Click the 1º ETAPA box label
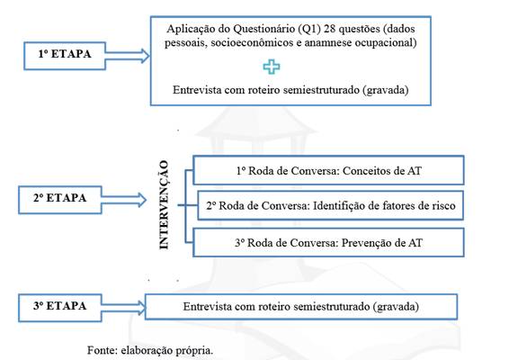(x=65, y=54)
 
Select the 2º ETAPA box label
(x=59, y=198)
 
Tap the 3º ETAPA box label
(x=59, y=306)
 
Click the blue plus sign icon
(x=272, y=67)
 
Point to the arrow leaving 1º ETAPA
(x=127, y=56)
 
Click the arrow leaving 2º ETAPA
(x=123, y=200)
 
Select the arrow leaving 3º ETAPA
(x=123, y=308)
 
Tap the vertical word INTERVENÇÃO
(x=164, y=205)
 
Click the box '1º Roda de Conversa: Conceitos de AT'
(x=328, y=171)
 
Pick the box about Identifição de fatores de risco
(x=330, y=206)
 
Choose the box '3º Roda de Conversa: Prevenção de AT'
(x=328, y=243)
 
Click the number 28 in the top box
(x=329, y=29)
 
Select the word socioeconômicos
(x=256, y=43)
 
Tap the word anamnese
(x=328, y=43)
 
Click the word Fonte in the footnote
(x=103, y=350)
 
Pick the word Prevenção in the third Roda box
(x=364, y=243)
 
